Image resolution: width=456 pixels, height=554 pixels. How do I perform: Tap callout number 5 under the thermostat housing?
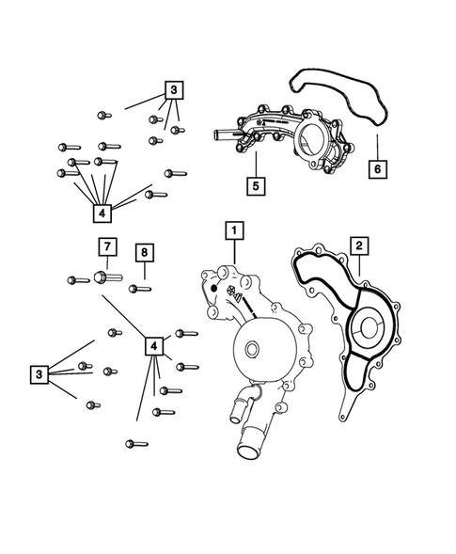click(x=254, y=185)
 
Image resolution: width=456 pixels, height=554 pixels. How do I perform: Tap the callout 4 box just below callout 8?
click(x=153, y=346)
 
